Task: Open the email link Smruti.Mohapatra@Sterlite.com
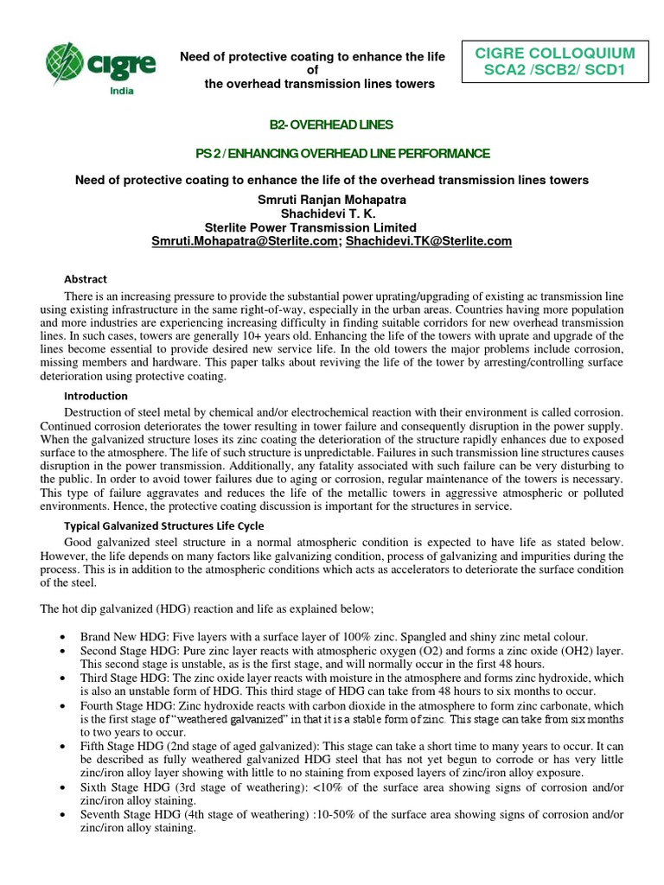(244, 242)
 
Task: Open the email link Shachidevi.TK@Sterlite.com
(428, 242)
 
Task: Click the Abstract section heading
(86, 279)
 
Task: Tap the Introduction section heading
(96, 396)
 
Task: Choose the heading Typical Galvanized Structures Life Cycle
(164, 525)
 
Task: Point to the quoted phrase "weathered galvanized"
(234, 720)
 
